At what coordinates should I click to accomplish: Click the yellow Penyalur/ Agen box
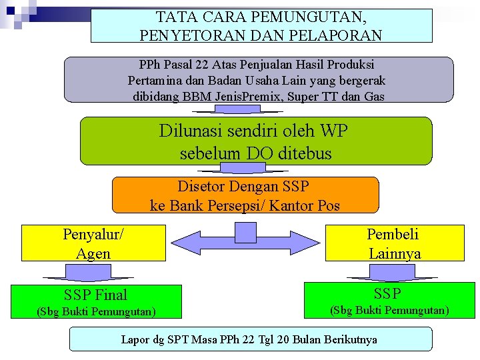pyautogui.click(x=93, y=243)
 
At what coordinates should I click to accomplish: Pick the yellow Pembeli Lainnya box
pyautogui.click(x=395, y=243)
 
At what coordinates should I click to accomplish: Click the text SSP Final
pyautogui.click(x=95, y=295)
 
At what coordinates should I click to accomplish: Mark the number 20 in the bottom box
pyautogui.click(x=283, y=339)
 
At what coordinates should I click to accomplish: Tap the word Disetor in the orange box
pyautogui.click(x=201, y=186)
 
